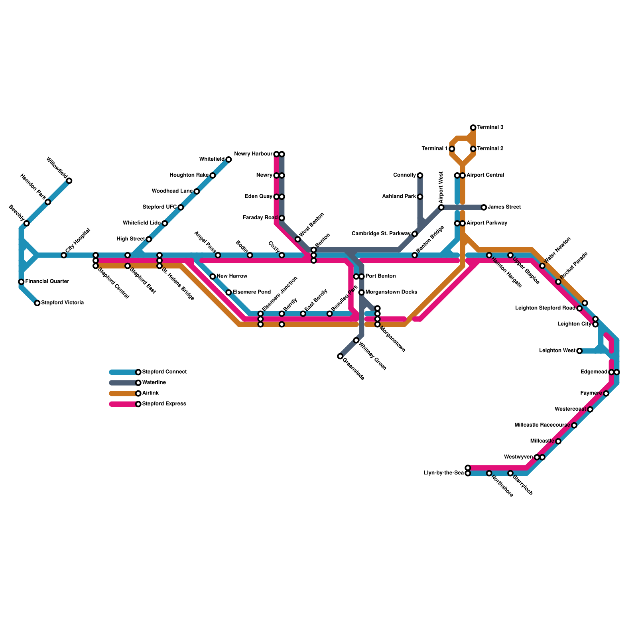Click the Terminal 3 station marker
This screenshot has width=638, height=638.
pyautogui.click(x=473, y=128)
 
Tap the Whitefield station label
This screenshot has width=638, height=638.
pyautogui.click(x=212, y=159)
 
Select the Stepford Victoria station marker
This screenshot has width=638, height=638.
pyautogui.click(x=37, y=303)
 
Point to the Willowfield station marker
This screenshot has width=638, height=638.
pyautogui.click(x=69, y=181)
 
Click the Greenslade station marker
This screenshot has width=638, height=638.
pyautogui.click(x=340, y=356)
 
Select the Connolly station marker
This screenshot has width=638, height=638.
pyautogui.click(x=420, y=175)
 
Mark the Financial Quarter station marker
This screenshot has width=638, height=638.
pyautogui.click(x=21, y=282)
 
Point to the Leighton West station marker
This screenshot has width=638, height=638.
pyautogui.click(x=579, y=351)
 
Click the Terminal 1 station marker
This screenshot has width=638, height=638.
pyautogui.click(x=452, y=149)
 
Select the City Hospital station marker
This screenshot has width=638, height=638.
pyautogui.click(x=64, y=255)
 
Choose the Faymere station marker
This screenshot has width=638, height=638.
pyautogui.click(x=606, y=394)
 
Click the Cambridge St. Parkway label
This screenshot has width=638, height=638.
pyautogui.click(x=381, y=234)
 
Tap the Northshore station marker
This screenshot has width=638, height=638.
pyautogui.click(x=489, y=473)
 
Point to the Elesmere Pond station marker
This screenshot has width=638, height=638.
pyautogui.click(x=228, y=293)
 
